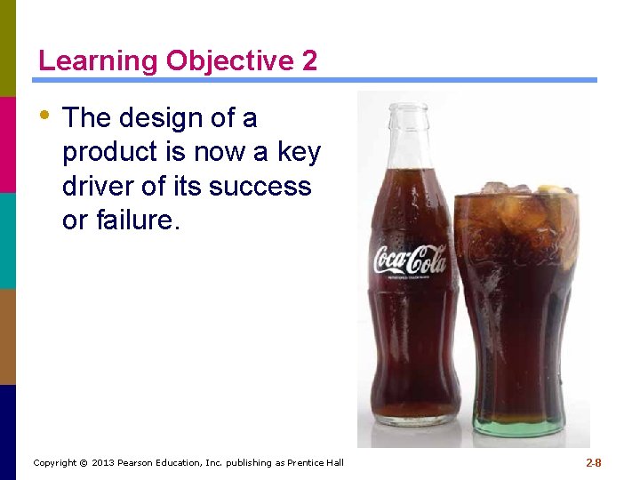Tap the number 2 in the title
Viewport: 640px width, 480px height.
pos(308,60)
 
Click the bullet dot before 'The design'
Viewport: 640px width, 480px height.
pos(44,115)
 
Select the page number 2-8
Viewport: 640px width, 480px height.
pos(593,463)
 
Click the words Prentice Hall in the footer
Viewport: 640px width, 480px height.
pos(315,463)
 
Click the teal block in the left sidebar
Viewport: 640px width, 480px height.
pos(8,240)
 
